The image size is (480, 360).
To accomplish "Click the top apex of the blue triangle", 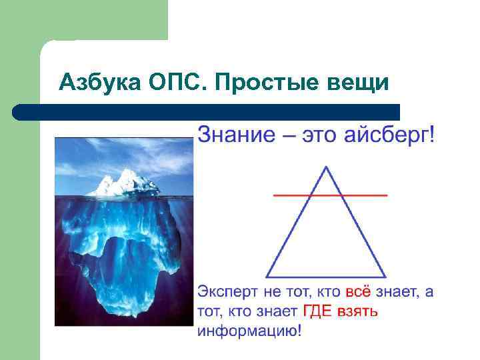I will click(x=326, y=167).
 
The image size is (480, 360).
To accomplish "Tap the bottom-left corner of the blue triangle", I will click(x=267, y=277).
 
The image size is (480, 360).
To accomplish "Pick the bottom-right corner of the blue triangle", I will click(x=385, y=277).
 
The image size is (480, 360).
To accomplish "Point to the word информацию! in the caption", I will click(x=253, y=331).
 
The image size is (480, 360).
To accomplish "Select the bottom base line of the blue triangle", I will click(x=326, y=277).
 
